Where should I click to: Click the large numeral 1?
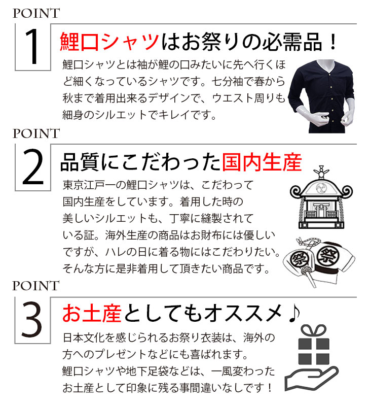tap(32, 47)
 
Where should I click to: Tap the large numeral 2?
tap(32, 167)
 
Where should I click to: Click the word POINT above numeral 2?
tap(36, 133)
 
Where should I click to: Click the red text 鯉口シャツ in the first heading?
tap(109, 42)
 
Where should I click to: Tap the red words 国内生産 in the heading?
tap(262, 162)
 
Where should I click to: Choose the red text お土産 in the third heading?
tap(92, 313)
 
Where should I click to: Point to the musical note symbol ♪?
tap(294, 313)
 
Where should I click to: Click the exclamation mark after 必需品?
tap(334, 42)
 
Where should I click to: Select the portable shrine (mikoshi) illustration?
tap(321, 197)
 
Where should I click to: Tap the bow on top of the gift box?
tap(313, 331)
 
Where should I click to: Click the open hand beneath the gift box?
tap(311, 379)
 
